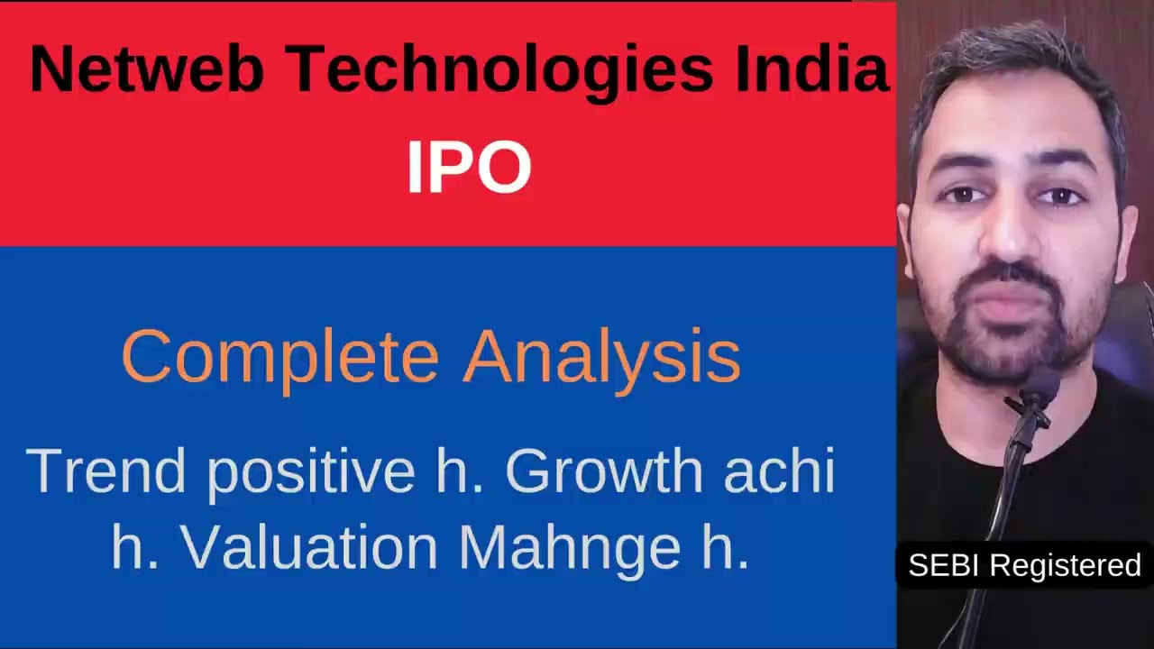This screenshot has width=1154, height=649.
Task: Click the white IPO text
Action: tap(469, 168)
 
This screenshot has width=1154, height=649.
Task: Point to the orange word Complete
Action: tap(279, 357)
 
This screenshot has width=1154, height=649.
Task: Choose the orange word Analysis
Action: tap(601, 357)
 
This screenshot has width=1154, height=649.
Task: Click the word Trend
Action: tap(106, 471)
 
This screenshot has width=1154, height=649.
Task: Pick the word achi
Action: tap(779, 471)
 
